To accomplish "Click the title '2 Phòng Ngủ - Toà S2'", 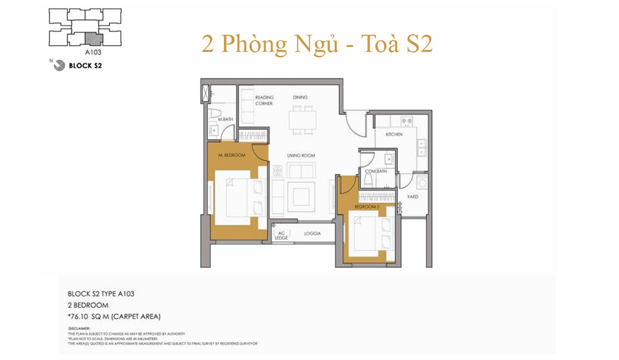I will click(316, 45).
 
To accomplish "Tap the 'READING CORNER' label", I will click(264, 100).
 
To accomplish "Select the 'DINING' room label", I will click(300, 98).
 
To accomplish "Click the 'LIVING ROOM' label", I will click(301, 155).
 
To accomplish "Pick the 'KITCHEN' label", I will click(394, 134).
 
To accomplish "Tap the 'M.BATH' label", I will click(225, 119).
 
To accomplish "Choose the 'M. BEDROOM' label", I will click(232, 155).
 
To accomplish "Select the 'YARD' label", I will click(412, 197).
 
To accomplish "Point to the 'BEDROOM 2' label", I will click(366, 206).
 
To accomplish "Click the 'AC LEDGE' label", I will click(282, 236).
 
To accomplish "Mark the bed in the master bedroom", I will click(239, 197).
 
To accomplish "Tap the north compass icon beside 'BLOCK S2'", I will click(59, 64).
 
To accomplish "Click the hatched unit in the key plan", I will click(92, 38).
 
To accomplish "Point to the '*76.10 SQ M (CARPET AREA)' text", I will click(114, 317).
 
